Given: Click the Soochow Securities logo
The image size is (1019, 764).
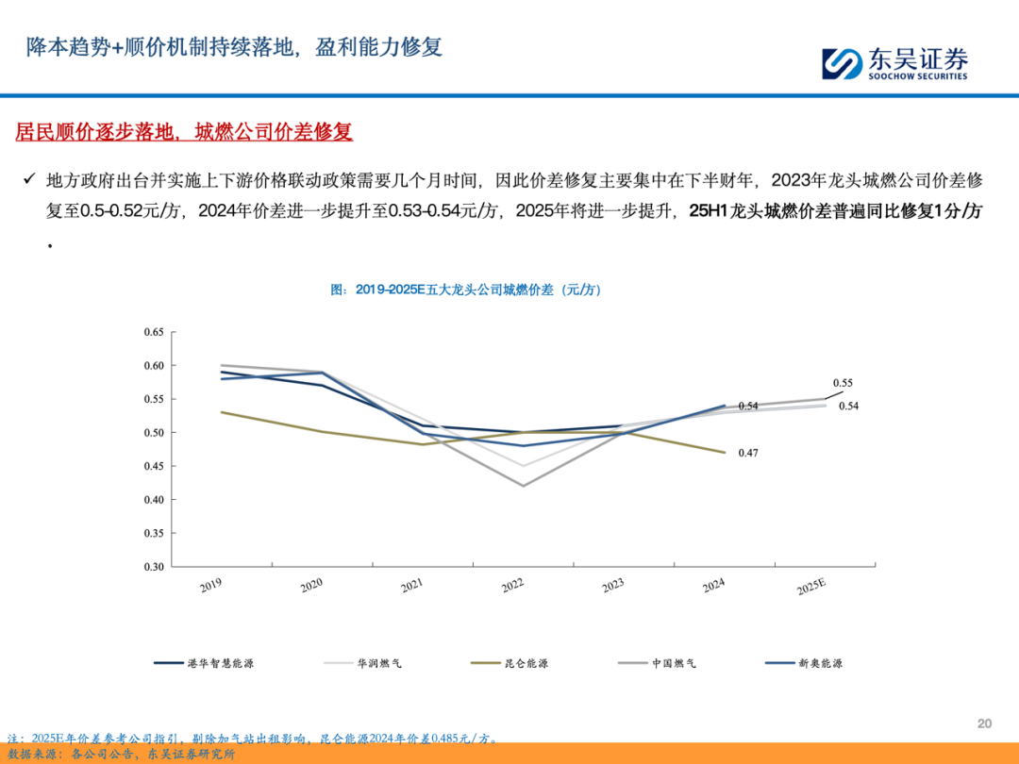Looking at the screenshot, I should click(894, 63).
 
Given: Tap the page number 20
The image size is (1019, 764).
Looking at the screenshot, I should click(984, 723).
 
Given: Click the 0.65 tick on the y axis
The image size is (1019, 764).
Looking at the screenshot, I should click(153, 332).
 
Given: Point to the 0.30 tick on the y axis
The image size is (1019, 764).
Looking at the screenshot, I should click(153, 567).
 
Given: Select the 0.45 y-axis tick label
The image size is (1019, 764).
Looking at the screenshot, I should click(153, 466).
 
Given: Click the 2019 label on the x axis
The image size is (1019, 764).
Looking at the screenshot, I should click(211, 586).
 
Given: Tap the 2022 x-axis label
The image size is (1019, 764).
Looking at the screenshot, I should click(512, 586).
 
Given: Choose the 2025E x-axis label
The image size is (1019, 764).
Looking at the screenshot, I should click(811, 587).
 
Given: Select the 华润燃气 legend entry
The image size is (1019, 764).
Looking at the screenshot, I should click(363, 663).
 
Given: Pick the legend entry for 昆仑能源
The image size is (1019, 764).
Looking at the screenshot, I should click(509, 663).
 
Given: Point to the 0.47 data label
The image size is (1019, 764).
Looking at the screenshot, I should click(747, 454).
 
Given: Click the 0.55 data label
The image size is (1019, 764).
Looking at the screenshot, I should click(843, 383).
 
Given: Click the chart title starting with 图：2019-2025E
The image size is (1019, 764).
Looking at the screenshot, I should click(466, 291).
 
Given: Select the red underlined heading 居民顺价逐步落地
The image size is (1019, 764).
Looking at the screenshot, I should click(184, 131).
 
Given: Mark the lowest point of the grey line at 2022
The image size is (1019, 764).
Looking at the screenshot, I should click(523, 486).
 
